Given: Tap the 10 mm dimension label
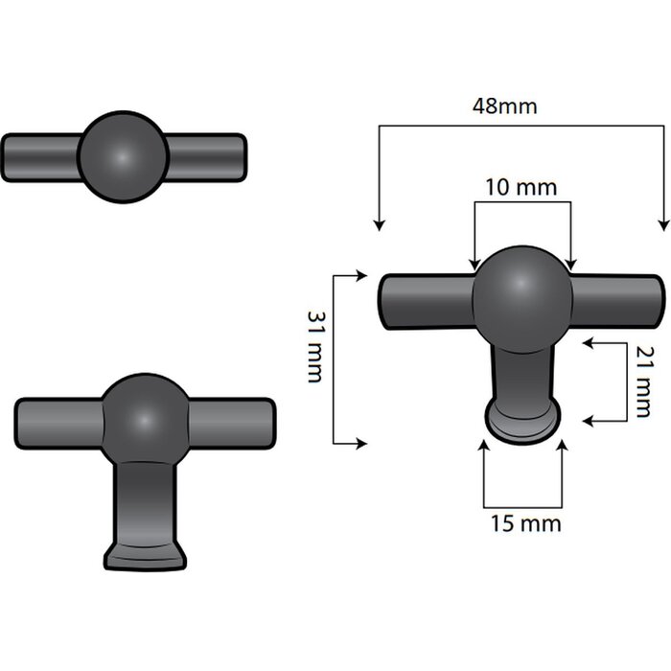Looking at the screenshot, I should coord(521,187).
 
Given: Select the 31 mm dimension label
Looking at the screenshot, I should coord(314,346).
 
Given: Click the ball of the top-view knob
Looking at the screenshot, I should coord(123,156).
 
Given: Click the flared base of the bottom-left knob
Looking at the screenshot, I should coord(145,558).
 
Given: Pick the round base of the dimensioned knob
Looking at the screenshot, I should coord(522,423).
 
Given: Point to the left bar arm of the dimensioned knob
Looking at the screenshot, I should coord(427,301).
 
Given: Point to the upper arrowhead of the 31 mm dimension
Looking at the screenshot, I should coord(361,276).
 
